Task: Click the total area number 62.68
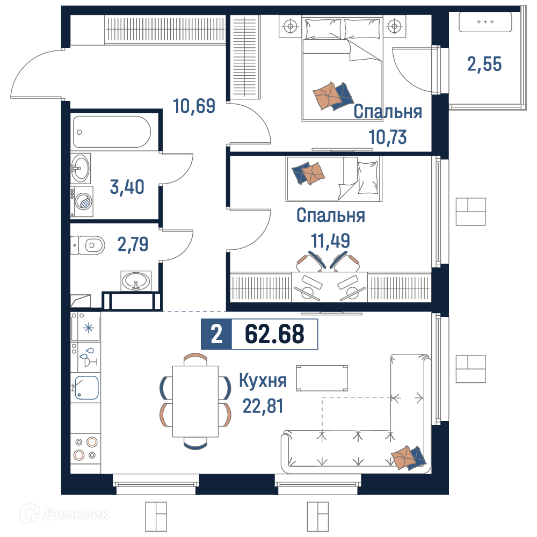274,334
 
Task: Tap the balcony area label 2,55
484,64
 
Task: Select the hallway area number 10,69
194,106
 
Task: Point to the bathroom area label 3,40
127,187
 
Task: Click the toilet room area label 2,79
133,244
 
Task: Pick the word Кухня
263,380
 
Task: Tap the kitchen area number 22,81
263,406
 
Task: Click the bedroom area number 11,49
330,241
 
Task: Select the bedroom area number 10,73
388,137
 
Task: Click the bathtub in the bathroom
112,132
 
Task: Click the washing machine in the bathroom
82,201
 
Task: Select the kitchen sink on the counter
86,388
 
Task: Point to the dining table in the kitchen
195,401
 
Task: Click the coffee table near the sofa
322,378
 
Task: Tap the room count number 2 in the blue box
216,334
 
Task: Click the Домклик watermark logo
64,514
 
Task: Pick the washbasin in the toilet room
136,281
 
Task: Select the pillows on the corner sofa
408,457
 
